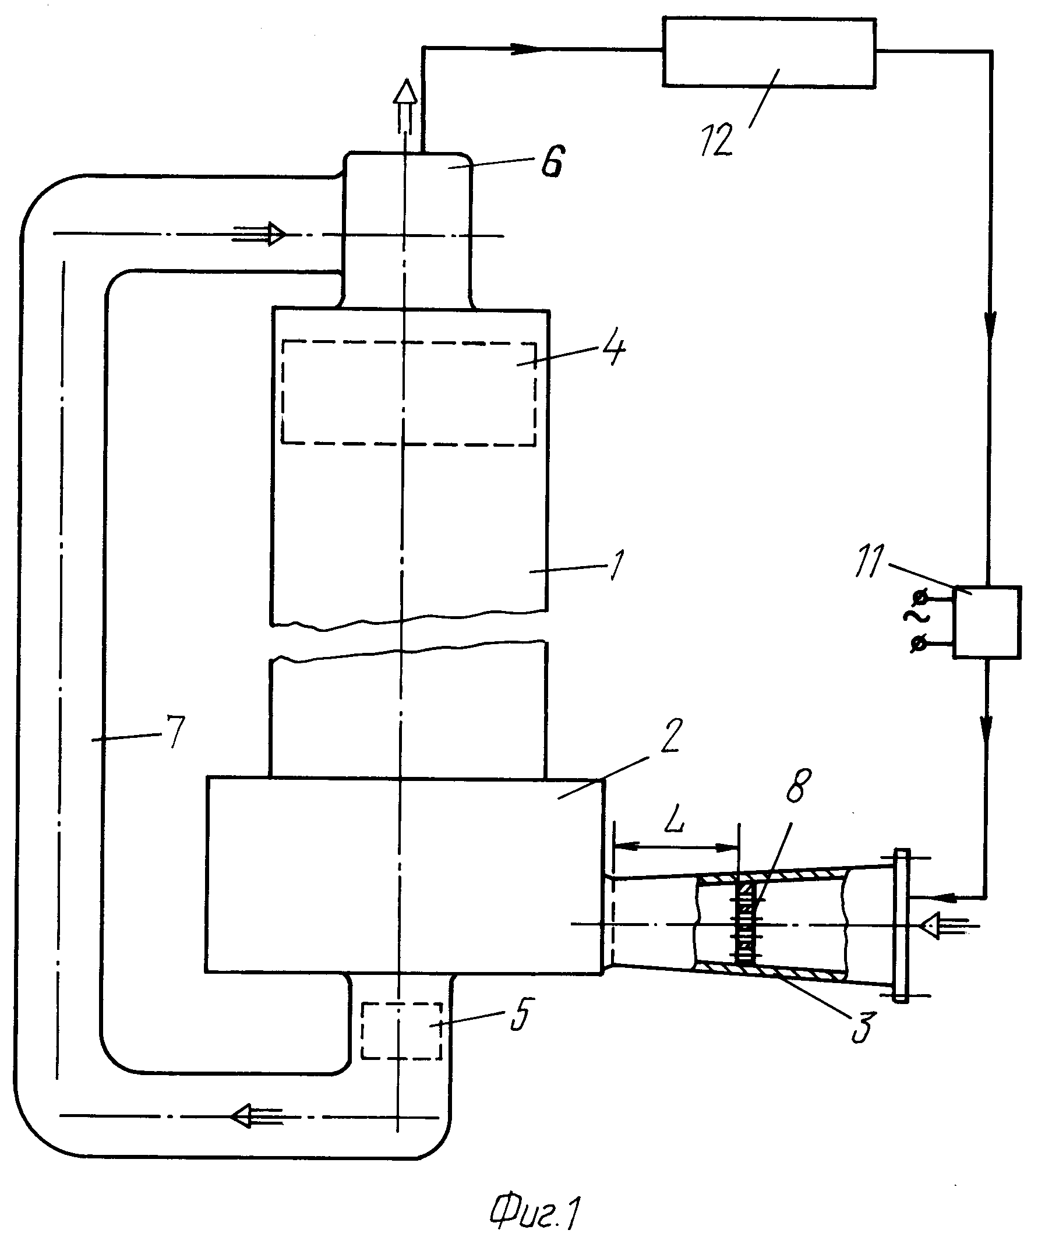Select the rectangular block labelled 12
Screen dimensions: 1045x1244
click(769, 53)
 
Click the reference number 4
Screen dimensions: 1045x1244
click(614, 348)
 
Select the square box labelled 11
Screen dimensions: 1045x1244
click(987, 622)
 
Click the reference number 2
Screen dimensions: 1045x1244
click(671, 736)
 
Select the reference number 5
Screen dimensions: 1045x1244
click(521, 1014)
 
